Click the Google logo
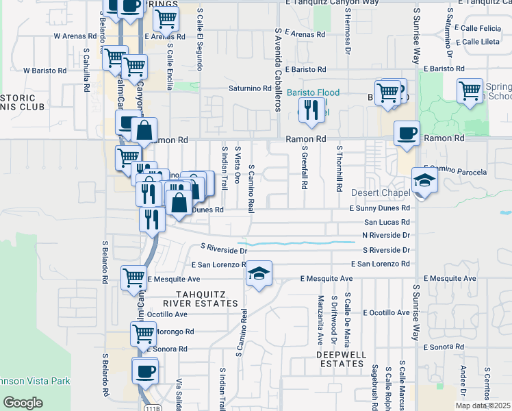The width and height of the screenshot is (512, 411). click(x=23, y=403)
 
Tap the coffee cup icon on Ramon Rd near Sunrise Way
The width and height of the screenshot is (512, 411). click(x=407, y=134)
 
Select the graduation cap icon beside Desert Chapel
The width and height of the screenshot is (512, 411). click(x=424, y=182)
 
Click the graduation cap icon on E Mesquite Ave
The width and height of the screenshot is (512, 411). click(x=259, y=274)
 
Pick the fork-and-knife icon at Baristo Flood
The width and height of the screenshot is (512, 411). click(x=311, y=110)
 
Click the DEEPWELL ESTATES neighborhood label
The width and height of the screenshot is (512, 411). click(x=342, y=359)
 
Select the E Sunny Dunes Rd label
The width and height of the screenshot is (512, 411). click(x=379, y=208)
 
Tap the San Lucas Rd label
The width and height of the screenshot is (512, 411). click(x=387, y=223)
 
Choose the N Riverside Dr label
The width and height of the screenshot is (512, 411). click(x=386, y=236)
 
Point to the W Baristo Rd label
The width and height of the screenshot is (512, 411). click(x=45, y=70)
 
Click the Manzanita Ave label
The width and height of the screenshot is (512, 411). click(x=320, y=321)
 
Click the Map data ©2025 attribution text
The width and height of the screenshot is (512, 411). click(x=481, y=406)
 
